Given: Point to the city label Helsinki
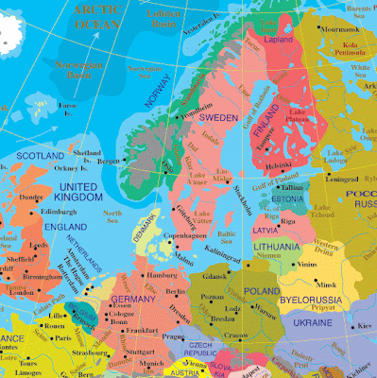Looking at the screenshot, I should click(x=280, y=167).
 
